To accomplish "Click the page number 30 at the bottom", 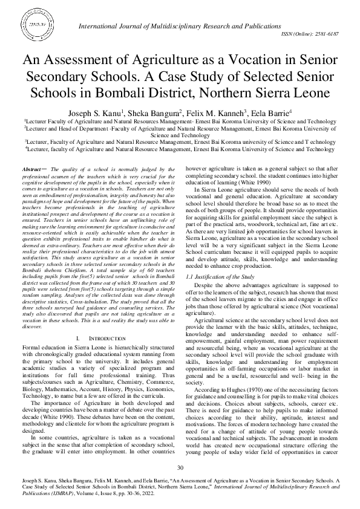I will (180, 468).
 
